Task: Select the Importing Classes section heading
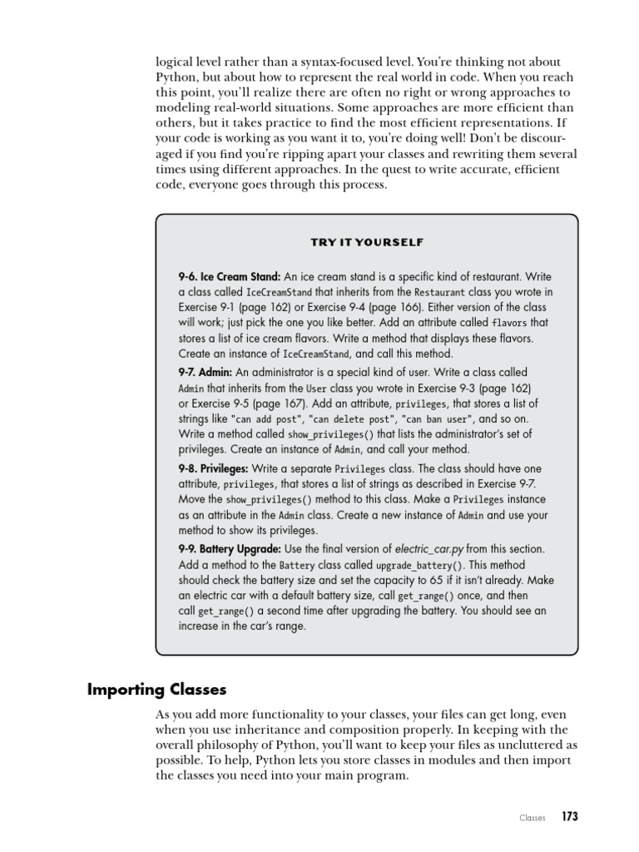click(x=157, y=690)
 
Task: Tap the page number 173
click(x=569, y=817)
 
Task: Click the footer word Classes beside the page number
click(x=532, y=818)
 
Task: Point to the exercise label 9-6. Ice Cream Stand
click(x=230, y=277)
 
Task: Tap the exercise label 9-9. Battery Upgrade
click(x=230, y=549)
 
